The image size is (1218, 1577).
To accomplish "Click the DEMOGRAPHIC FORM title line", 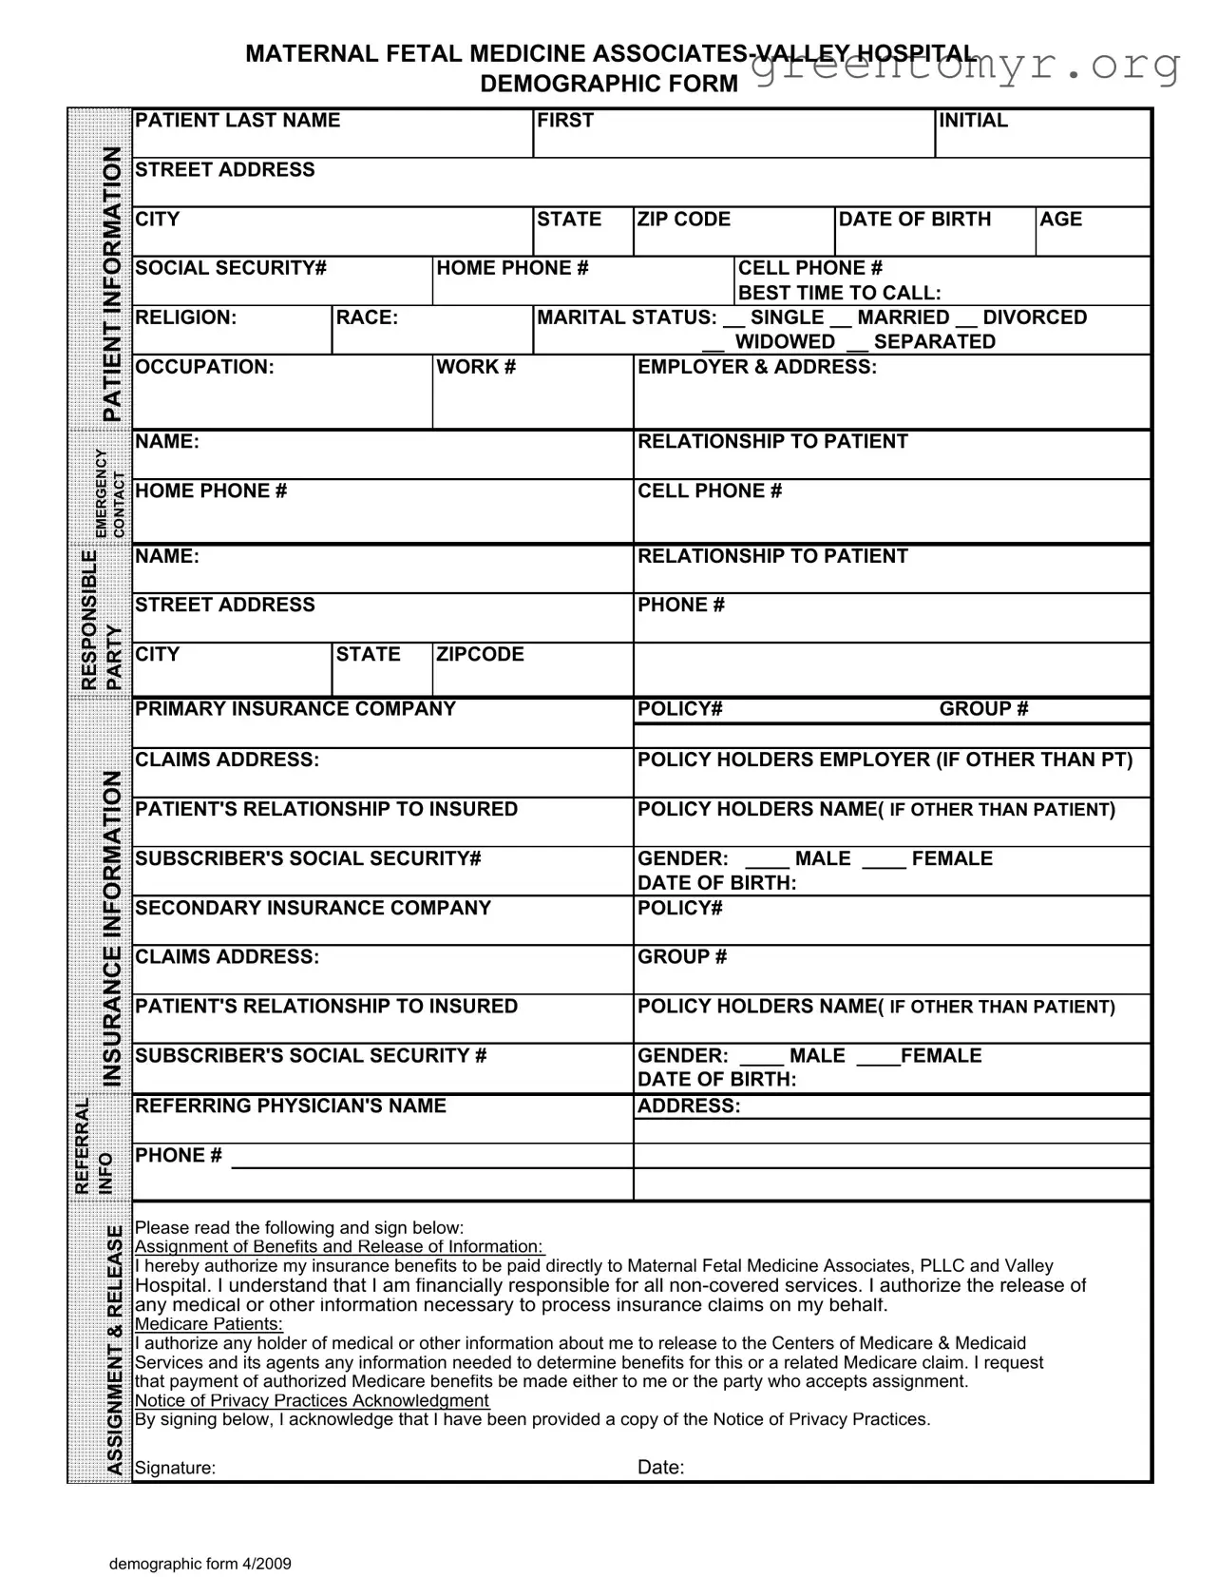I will (x=608, y=84).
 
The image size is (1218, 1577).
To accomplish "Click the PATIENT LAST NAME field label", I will (x=237, y=121).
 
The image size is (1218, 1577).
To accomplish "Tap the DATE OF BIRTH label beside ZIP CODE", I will (x=914, y=220).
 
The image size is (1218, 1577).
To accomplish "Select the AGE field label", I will (x=1060, y=220).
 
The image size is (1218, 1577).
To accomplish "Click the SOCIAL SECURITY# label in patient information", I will (x=230, y=269).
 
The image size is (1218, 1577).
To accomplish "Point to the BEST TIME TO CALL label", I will (x=839, y=293).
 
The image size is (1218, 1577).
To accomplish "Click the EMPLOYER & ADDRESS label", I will (x=756, y=367).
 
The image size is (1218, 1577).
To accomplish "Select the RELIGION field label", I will (x=185, y=317).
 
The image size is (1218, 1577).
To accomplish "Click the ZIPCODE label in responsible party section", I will (x=480, y=655).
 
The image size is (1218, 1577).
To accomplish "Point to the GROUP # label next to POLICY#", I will (x=983, y=709).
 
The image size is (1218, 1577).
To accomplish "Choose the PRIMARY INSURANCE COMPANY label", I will (x=295, y=709).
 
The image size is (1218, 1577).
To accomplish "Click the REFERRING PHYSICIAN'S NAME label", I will (x=290, y=1106).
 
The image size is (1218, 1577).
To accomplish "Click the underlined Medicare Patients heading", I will (x=208, y=1324).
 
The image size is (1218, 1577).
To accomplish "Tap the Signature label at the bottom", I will (x=175, y=1468).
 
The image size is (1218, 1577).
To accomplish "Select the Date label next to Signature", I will (x=660, y=1468).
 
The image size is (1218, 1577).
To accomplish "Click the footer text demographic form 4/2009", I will (x=200, y=1564).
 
